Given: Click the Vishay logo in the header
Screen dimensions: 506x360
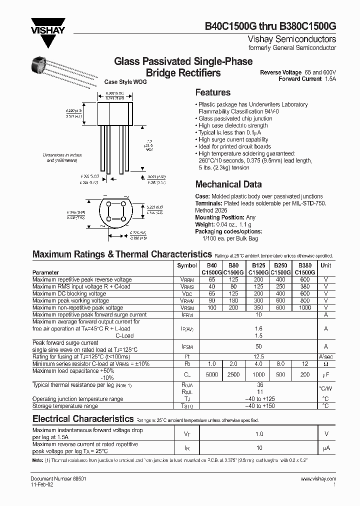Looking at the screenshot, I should (48, 24).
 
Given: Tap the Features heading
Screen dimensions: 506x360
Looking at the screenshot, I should (212, 92).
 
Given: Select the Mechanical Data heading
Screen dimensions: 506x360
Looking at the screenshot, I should (228, 184).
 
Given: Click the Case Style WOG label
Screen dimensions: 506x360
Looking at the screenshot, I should (125, 82).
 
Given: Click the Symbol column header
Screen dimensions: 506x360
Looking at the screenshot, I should (187, 265).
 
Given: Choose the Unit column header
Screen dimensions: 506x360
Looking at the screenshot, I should (325, 265).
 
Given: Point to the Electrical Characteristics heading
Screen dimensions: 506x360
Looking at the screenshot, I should (82, 419).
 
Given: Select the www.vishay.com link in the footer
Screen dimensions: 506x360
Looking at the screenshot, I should (318, 478).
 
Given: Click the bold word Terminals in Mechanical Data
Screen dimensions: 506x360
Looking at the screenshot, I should (208, 203).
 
